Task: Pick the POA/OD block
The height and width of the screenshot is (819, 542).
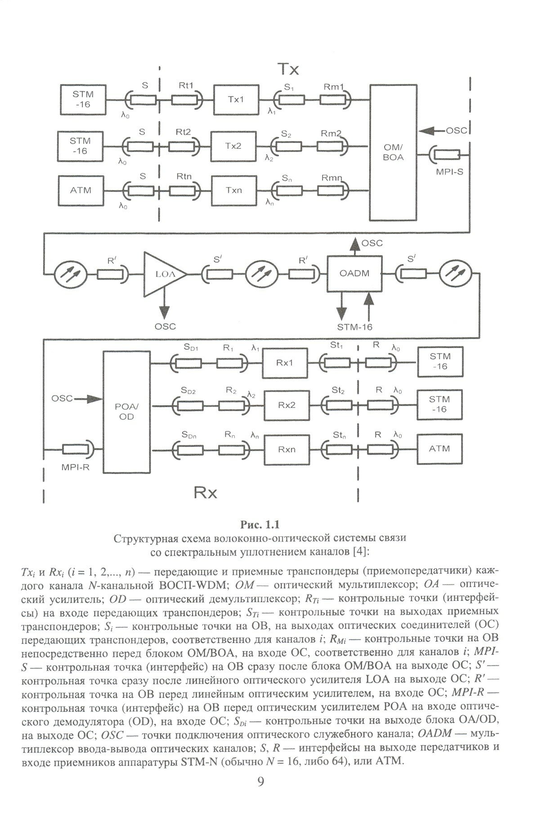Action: [x=127, y=411]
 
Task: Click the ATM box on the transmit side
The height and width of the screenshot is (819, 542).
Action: [x=81, y=190]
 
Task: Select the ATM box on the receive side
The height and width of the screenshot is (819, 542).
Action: [x=439, y=448]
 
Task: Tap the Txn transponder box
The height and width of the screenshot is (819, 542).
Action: [x=233, y=190]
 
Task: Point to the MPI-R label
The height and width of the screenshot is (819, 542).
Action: [x=76, y=467]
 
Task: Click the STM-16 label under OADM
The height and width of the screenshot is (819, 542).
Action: [x=354, y=327]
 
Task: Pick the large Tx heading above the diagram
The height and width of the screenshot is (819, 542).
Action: [x=288, y=70]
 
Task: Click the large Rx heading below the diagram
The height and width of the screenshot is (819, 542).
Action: [x=205, y=493]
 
